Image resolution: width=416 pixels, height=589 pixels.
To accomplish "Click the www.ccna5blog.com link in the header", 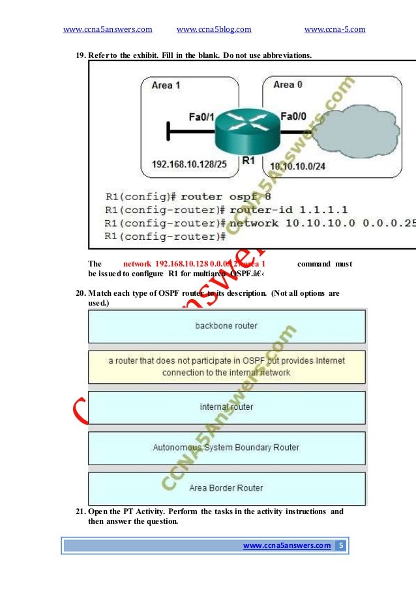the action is point(214,29).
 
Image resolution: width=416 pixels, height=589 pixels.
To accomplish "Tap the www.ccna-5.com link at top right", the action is point(334,29).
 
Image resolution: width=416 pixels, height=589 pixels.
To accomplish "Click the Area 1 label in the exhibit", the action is point(166,85).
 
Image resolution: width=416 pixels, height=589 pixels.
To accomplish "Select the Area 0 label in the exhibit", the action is point(288,85).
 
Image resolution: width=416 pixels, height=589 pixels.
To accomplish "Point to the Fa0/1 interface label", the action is point(201,117).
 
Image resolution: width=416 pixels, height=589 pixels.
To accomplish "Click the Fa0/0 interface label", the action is point(293,117).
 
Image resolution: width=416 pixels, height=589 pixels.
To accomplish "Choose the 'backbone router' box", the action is point(226,326).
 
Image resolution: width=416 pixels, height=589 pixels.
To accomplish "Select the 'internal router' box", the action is point(226,407).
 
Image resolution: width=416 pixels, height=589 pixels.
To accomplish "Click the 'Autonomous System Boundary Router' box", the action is point(226,448).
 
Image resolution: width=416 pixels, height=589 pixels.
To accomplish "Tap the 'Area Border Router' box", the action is point(226,488).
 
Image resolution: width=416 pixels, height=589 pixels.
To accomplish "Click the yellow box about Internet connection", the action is point(226,367).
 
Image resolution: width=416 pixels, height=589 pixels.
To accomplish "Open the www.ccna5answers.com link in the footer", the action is point(286,546).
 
